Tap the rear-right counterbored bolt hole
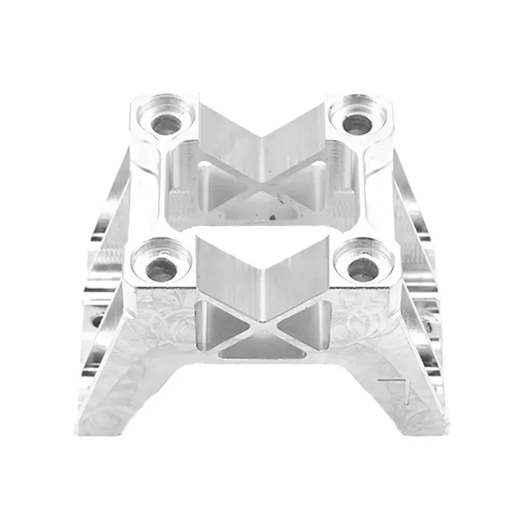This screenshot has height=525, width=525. pyautogui.click(x=357, y=121)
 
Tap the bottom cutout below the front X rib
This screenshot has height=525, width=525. pyautogui.click(x=262, y=348)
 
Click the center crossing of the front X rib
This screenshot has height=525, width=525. pyautogui.click(x=262, y=322)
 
